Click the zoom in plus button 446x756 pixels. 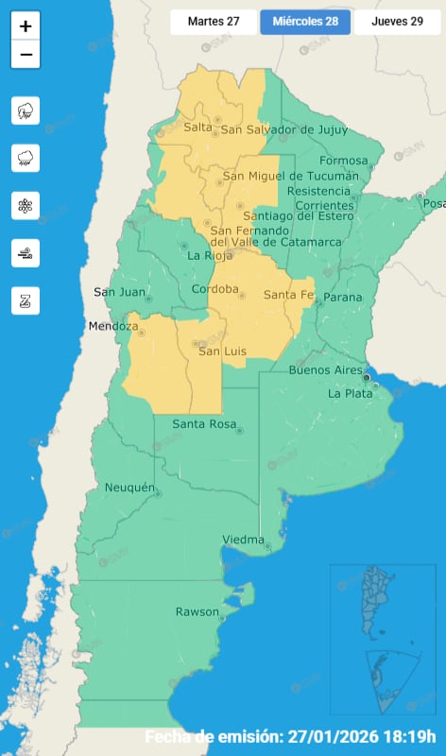point(26,26)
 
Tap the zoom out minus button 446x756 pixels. point(26,55)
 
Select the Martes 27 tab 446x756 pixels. point(214,22)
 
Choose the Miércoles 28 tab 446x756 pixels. point(305,22)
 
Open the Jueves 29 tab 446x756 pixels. point(397,22)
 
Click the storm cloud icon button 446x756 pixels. point(26,111)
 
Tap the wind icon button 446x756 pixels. point(26,252)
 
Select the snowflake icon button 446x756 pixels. point(26,205)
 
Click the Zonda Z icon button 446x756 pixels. point(26,301)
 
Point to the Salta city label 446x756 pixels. point(198,127)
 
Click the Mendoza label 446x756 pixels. point(113,327)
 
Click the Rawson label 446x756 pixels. point(197,612)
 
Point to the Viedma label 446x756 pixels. point(243,540)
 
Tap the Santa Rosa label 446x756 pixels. point(203,424)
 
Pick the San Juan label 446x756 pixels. point(119,292)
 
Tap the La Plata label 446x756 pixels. point(350,392)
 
